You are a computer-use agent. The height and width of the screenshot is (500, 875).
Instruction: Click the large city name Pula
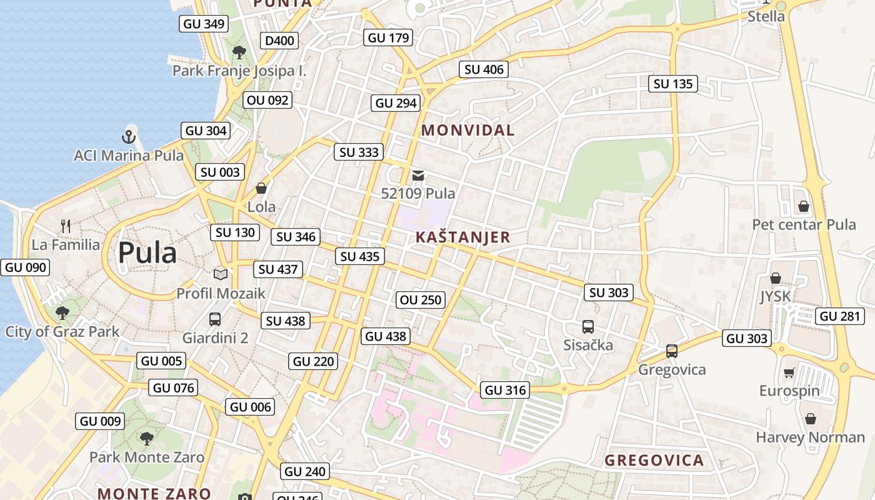147,253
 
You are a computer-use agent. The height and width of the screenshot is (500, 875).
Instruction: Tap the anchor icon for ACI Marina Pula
129,136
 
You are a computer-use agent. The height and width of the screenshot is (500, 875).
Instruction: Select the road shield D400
279,41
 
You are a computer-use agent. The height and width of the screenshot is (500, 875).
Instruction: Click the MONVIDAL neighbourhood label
468,131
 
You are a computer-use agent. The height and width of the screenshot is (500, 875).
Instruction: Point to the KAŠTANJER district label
463,237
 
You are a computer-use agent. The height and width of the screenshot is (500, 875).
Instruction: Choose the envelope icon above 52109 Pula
418,176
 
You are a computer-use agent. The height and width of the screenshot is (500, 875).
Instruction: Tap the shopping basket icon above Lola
261,188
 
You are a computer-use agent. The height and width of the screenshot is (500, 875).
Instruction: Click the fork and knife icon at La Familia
66,226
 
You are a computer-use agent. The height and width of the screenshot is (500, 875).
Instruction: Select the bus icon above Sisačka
588,326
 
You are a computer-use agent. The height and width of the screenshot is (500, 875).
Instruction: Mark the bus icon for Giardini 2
215,319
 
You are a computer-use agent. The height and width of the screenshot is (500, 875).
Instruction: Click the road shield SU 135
673,84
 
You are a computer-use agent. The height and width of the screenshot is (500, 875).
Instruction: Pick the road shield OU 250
421,300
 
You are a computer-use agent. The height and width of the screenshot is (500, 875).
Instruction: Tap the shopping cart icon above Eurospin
789,372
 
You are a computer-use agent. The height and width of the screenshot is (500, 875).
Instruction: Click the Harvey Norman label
810,437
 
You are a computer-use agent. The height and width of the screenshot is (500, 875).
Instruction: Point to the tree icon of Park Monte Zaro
147,438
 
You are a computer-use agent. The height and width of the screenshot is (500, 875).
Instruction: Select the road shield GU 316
506,391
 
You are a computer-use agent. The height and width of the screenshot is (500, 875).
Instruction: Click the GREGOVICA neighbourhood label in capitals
654,461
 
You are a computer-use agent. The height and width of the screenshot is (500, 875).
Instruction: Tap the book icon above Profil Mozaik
221,274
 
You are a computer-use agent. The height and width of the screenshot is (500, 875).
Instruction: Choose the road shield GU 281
840,316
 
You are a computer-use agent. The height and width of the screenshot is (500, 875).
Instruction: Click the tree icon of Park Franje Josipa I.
239,52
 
